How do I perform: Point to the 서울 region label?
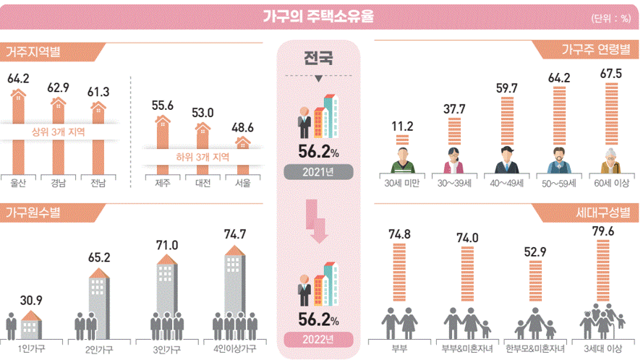pyautogui.click(x=243, y=184)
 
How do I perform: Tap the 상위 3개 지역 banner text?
pyautogui.click(x=59, y=132)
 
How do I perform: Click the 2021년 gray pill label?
pyautogui.click(x=319, y=172)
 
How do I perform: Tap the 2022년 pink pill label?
pyautogui.click(x=319, y=339)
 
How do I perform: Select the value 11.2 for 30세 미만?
pyautogui.click(x=402, y=127)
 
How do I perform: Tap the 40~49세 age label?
pyautogui.click(x=506, y=184)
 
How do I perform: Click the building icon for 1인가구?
pyautogui.click(x=31, y=326)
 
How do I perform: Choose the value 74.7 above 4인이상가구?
pyautogui.click(x=235, y=233)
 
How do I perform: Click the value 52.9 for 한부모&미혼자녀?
pyautogui.click(x=535, y=251)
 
